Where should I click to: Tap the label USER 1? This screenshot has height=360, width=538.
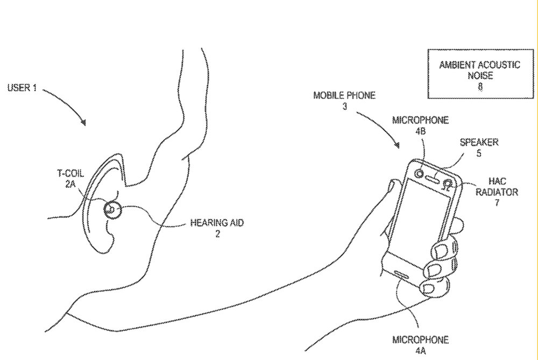pos(22,88)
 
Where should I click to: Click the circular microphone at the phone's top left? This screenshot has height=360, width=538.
pos(419,173)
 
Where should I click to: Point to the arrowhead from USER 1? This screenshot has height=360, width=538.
pos(84,124)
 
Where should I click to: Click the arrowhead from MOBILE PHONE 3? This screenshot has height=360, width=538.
pos(398,146)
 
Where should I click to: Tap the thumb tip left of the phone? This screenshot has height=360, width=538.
pos(393,187)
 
